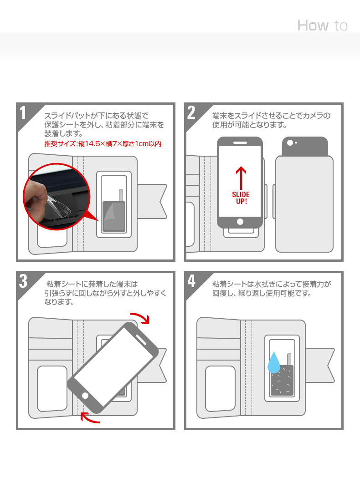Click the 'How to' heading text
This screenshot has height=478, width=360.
click(322, 25)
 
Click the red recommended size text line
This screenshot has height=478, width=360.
click(103, 144)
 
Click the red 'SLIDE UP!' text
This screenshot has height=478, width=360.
click(241, 198)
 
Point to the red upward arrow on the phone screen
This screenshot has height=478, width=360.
click(241, 178)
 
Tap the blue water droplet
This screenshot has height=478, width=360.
click(274, 363)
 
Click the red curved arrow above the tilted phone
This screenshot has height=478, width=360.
click(141, 318)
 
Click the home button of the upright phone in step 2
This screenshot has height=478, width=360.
click(240, 222)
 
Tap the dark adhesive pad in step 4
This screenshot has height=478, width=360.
click(282, 380)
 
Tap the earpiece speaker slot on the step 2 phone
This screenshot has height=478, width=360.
click(240, 142)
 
